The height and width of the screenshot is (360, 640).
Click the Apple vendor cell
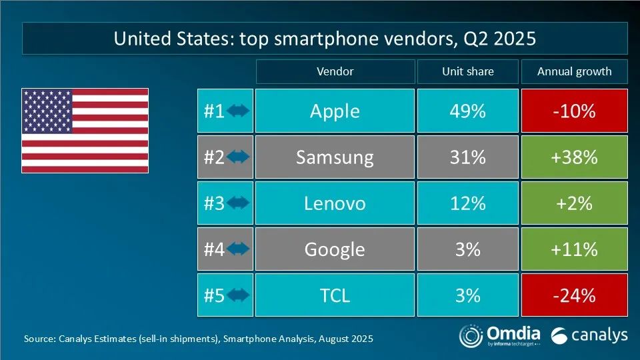(335, 111)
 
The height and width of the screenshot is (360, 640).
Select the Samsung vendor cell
(335, 157)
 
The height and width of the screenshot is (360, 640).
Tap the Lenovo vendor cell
(335, 203)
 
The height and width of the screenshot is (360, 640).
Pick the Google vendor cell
(335, 249)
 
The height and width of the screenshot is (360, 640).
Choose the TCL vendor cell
(335, 295)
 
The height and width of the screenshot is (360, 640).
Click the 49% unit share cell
(467, 111)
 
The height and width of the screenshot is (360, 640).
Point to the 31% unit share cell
(467, 157)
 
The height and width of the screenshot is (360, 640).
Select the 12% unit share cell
(467, 203)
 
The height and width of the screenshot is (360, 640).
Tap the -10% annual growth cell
(574, 111)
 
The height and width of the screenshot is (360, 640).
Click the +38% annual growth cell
(574, 157)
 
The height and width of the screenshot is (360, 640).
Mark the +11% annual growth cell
(574, 249)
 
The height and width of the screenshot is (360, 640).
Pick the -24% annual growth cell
(574, 295)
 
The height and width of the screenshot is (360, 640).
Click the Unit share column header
(467, 71)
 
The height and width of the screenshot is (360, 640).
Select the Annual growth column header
(574, 71)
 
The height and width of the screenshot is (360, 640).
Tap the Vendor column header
(335, 71)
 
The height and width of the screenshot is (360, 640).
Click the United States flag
(85, 131)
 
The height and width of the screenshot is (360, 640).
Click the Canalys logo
(590, 335)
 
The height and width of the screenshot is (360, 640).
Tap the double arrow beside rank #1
(238, 111)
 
